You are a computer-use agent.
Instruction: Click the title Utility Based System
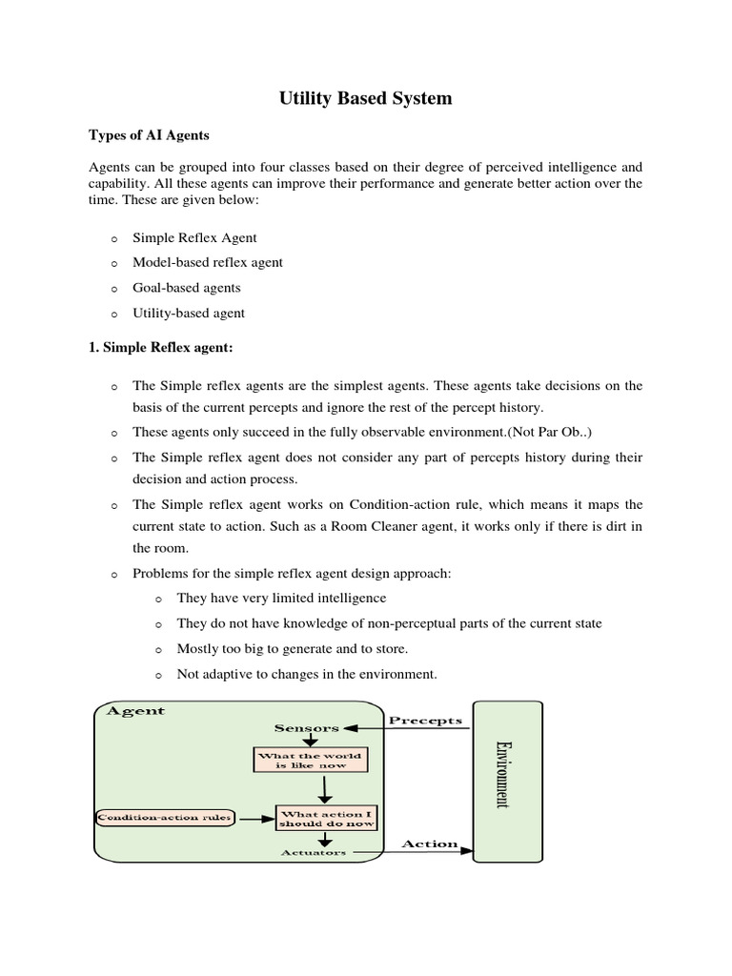click(365, 98)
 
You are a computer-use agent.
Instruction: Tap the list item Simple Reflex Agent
click(194, 237)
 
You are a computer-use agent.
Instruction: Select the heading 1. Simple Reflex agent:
click(161, 349)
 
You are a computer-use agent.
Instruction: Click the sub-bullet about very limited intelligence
click(281, 598)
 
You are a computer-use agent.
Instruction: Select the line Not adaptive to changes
click(306, 674)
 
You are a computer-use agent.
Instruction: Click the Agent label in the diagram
click(135, 711)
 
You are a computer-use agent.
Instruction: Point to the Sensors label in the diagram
click(306, 728)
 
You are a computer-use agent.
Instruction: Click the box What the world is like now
click(310, 760)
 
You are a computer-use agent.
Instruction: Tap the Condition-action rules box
click(166, 818)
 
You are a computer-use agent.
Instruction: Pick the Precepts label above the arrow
click(426, 721)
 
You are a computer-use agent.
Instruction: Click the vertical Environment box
click(508, 782)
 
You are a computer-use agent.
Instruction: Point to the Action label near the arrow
click(429, 844)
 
